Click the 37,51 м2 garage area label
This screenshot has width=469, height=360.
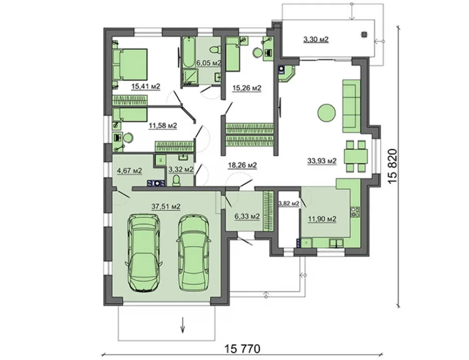tap(166, 206)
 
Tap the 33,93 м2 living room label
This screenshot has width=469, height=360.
tap(322, 161)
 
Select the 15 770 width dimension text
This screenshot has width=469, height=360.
tap(242, 349)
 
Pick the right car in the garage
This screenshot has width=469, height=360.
tap(194, 252)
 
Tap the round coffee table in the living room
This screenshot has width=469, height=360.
tap(326, 112)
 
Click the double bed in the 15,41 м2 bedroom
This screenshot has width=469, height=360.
tap(130, 64)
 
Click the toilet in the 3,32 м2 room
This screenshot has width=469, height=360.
tap(176, 180)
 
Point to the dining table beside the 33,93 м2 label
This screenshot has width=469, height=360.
tap(356, 156)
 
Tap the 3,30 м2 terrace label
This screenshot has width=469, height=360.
tap(316, 39)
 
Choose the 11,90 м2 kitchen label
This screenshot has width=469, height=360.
tap(322, 219)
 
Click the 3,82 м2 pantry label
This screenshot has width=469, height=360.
tap(288, 203)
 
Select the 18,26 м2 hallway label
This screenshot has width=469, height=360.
tap(242, 165)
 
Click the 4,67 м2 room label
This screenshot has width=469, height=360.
tap(129, 171)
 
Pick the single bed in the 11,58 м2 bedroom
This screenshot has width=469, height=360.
tap(130, 114)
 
